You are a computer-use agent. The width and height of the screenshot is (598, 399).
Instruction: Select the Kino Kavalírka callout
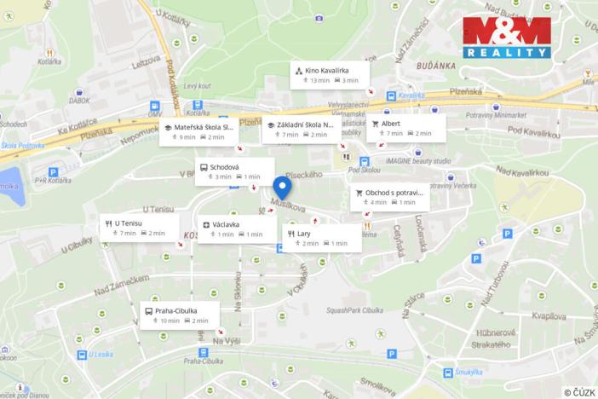point(330,74)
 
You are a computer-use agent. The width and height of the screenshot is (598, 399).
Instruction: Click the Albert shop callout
point(406,127)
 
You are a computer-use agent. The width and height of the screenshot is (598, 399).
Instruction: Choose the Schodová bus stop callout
point(234,171)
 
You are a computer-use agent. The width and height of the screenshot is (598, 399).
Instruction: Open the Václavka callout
point(236,228)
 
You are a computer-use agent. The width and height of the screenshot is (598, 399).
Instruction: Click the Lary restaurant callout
point(322,237)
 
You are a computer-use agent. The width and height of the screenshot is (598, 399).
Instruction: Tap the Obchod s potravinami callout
point(388,197)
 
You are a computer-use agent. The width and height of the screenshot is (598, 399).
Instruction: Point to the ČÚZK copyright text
point(578,391)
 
